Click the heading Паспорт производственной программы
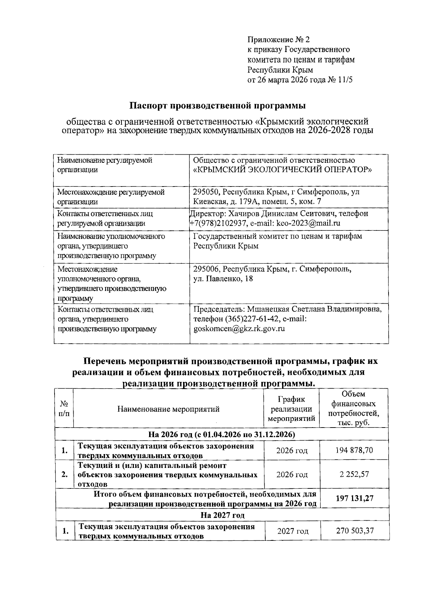pyautogui.click(x=217, y=105)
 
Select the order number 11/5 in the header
pyautogui.click(x=345, y=80)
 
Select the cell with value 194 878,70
pyautogui.click(x=354, y=450)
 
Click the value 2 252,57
pyautogui.click(x=354, y=474)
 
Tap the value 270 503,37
pyautogui.click(x=354, y=531)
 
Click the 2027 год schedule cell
pyautogui.click(x=293, y=531)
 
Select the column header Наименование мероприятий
pyautogui.click(x=168, y=409)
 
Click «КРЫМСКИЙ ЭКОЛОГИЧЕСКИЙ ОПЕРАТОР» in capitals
pyautogui.click(x=282, y=170)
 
